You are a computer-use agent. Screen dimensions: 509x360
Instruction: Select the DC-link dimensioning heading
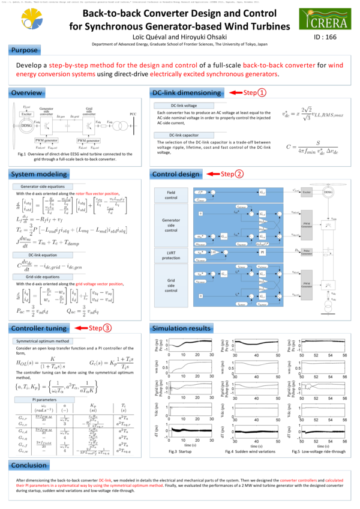coord(185,93)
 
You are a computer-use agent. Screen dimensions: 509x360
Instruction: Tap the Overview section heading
coord(26,93)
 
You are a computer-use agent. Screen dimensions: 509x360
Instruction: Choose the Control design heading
coord(175,174)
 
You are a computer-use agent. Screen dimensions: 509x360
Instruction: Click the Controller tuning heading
coord(38,328)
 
